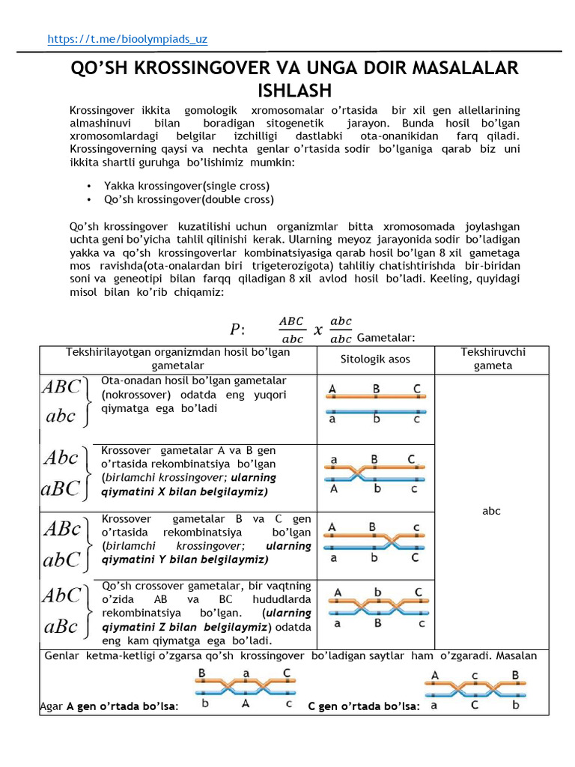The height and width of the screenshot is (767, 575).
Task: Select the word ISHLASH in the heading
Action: pos(294,91)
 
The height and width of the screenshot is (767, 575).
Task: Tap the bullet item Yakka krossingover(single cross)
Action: pos(186,186)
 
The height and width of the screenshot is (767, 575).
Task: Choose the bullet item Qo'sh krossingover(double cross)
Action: pos(189,199)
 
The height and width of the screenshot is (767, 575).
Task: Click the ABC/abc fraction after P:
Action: pos(291,330)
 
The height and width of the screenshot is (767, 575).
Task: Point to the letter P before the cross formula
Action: pos(235,330)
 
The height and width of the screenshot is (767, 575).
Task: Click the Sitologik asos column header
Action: pos(375,360)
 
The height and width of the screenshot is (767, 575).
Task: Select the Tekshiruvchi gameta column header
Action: pos(492,359)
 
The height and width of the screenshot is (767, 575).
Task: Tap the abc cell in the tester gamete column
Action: pos(491,511)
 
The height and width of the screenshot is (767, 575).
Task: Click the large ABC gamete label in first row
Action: pos(61,387)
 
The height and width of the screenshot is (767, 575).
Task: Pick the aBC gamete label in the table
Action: pos(61,488)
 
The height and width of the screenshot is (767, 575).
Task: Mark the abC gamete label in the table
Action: pos(61,560)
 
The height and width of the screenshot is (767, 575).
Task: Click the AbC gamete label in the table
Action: pos(61,596)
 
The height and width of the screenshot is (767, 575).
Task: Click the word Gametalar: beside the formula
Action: pos(386,339)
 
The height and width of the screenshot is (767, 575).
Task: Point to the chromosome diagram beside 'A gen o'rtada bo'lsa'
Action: pos(244,690)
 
